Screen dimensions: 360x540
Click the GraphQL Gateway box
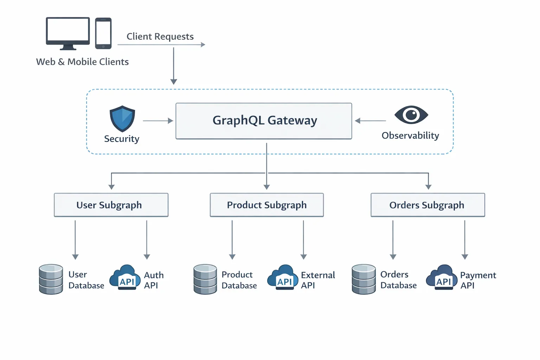[x=264, y=121]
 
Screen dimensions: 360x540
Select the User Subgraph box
[x=111, y=205]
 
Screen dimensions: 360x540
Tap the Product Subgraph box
[x=266, y=205]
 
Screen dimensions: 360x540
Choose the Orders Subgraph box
[x=427, y=205]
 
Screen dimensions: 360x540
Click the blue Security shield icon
[x=122, y=118]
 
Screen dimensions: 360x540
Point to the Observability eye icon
[x=411, y=115]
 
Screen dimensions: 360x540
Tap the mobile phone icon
[x=103, y=33]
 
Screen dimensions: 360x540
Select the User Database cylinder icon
[x=51, y=279]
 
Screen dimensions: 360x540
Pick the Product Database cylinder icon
[x=205, y=279]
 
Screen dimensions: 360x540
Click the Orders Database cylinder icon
[x=364, y=279]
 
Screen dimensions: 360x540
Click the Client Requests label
[x=160, y=37]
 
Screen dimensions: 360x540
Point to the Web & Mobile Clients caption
[x=82, y=62]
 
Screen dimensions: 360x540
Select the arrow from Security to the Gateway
[x=158, y=121]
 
